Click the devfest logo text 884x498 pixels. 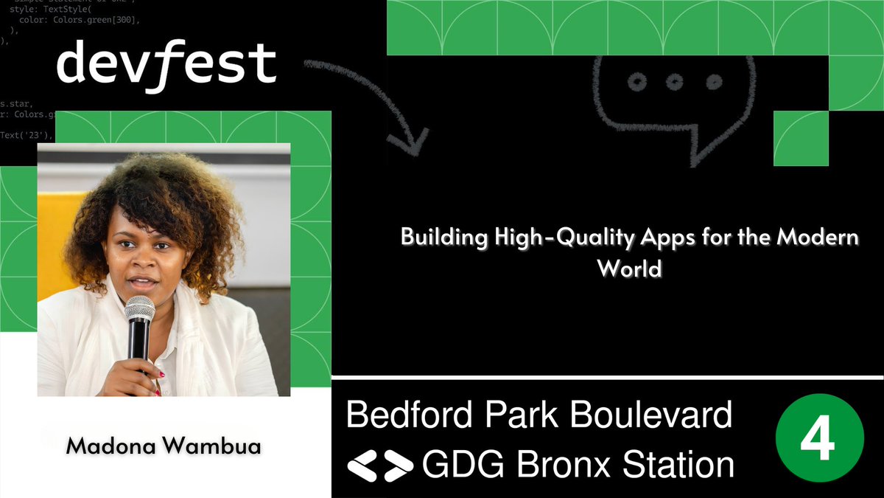pos(166,64)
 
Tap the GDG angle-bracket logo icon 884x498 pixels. pos(379,465)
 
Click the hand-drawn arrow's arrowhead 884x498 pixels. pos(409,140)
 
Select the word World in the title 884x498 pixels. pos(630,268)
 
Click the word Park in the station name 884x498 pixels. pos(519,415)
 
